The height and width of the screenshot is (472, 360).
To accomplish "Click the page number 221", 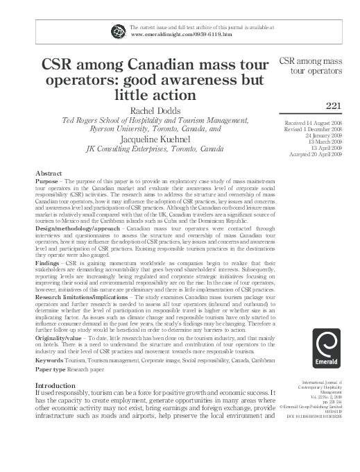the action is [x=336, y=104].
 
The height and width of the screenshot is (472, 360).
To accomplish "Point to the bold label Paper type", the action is [x=52, y=369].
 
